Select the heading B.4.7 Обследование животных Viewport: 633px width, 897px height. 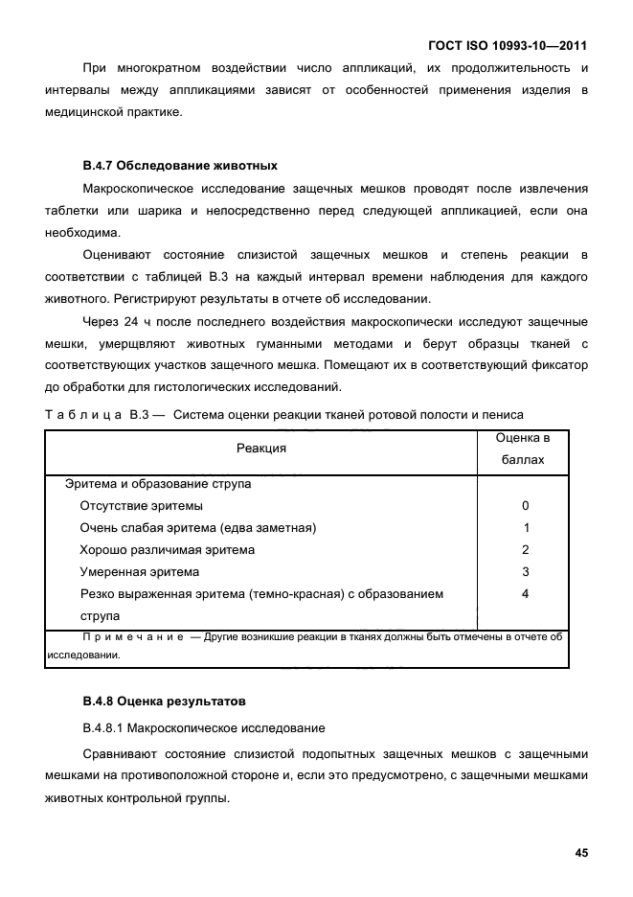pos(180,165)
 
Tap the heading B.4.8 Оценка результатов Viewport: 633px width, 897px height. pos(164,701)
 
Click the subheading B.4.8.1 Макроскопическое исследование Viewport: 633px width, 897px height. pos(203,727)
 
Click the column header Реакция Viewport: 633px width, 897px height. pos(261,448)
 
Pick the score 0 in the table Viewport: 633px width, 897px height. pos(525,506)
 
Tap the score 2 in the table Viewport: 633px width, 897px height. pos(525,550)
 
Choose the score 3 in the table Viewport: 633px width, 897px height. pos(525,572)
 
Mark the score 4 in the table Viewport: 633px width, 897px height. pos(525,594)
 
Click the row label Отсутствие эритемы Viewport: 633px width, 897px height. pos(141,506)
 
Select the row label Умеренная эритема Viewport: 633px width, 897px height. pos(140,572)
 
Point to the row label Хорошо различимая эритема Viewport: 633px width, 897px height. pos(168,550)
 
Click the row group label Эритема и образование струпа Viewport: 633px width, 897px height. pos(157,484)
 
